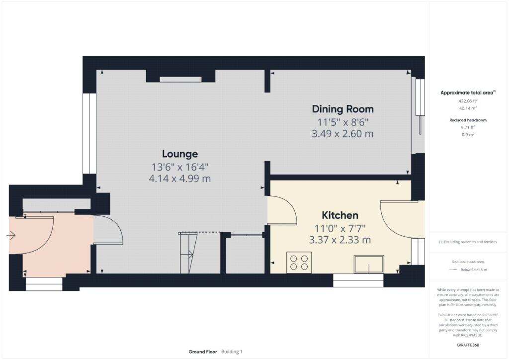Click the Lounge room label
pyautogui.click(x=180, y=154)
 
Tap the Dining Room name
pyautogui.click(x=343, y=109)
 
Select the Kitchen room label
pyautogui.click(x=340, y=215)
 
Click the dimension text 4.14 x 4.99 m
pyautogui.click(x=180, y=179)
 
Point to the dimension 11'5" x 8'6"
pyautogui.click(x=343, y=122)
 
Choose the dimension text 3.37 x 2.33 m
pyautogui.click(x=340, y=240)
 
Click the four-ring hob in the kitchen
pyautogui.click(x=299, y=263)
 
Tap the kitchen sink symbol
pyautogui.click(x=369, y=264)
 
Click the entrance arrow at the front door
pyautogui.click(x=11, y=235)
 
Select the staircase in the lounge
pyautogui.click(x=188, y=253)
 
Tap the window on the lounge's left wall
pyautogui.click(x=89, y=134)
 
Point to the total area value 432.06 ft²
pyautogui.click(x=468, y=101)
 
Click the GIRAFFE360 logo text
pyautogui.click(x=468, y=345)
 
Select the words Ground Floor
pyautogui.click(x=203, y=352)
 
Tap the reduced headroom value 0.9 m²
pyautogui.click(x=468, y=134)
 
